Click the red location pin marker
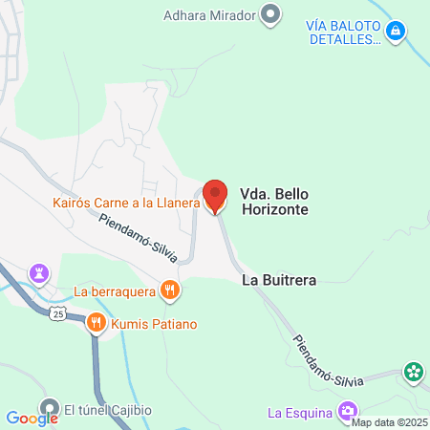(215, 196)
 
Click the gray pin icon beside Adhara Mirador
(270, 15)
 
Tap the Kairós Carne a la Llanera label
(125, 203)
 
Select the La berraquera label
(114, 290)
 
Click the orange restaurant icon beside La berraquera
(170, 290)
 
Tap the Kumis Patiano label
(154, 324)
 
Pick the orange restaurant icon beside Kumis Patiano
(96, 324)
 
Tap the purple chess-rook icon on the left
(40, 273)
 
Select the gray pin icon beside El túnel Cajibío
(49, 408)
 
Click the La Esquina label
(299, 413)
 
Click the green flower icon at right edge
(414, 372)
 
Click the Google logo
(32, 418)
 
